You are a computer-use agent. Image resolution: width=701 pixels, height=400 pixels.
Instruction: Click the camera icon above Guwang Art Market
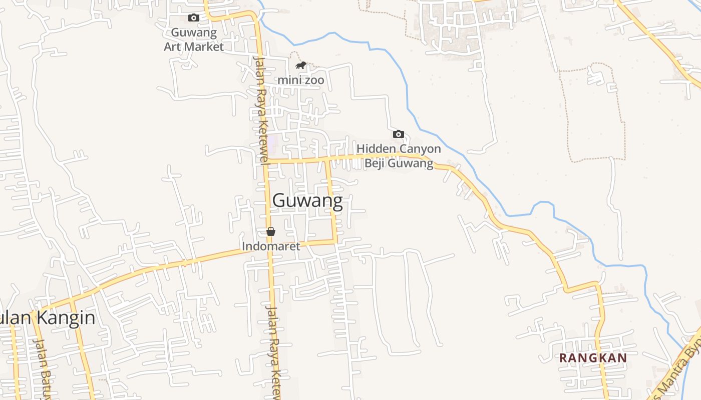(x=193, y=18)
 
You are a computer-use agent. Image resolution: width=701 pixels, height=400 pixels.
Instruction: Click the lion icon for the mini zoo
(x=300, y=65)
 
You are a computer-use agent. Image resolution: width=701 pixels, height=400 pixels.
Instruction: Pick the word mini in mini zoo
(x=289, y=80)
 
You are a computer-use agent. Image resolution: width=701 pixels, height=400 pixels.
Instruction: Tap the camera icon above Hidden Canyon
(x=399, y=134)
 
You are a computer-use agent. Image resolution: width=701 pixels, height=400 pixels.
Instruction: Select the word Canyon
(x=419, y=149)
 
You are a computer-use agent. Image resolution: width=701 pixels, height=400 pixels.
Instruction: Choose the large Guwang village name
(x=307, y=200)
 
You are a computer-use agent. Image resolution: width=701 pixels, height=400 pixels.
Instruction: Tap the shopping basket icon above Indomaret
(x=270, y=231)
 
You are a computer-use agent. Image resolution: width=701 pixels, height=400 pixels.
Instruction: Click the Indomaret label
(x=271, y=246)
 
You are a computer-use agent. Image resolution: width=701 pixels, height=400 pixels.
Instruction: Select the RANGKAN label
(x=593, y=358)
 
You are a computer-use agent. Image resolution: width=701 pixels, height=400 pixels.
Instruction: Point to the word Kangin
(x=65, y=317)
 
